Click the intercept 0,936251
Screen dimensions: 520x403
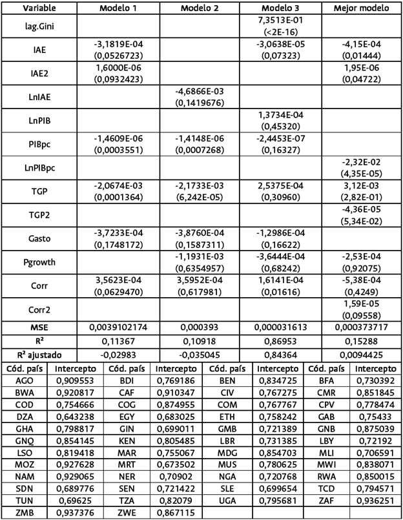point(377,497)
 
